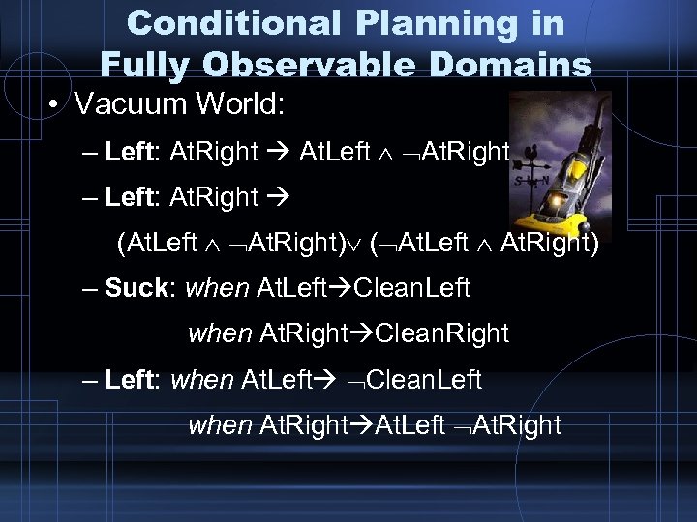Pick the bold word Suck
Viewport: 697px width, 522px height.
(x=138, y=287)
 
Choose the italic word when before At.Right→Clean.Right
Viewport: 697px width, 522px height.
(x=220, y=333)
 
